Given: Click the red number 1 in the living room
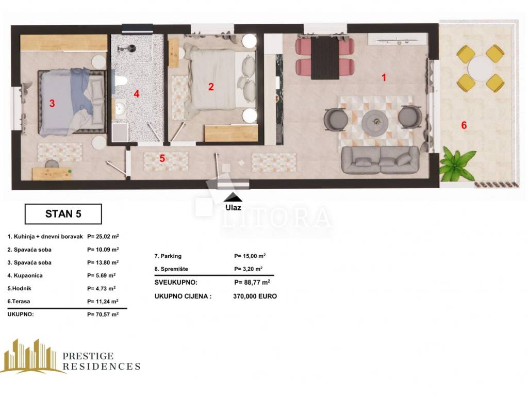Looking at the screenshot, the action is [x=384, y=77].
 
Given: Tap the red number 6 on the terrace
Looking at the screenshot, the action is [x=464, y=125].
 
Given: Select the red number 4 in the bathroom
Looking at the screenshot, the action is [x=136, y=94].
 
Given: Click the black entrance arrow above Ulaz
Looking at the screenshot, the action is [x=233, y=197].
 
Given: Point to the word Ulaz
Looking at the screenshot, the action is [x=234, y=207].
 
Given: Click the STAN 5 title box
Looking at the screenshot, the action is [x=63, y=214].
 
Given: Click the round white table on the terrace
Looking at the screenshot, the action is [x=481, y=68].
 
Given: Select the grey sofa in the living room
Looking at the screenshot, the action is [x=381, y=160].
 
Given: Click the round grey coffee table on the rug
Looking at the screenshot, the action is [x=375, y=122].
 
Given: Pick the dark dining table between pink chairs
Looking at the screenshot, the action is [x=325, y=58].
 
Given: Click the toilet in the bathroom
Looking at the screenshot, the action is [x=121, y=81].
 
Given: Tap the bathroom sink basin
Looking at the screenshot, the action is [x=120, y=109].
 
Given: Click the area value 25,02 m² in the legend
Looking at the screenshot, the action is [x=103, y=236].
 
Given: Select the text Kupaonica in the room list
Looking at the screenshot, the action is [x=28, y=275].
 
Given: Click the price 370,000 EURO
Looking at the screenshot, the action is [x=255, y=296].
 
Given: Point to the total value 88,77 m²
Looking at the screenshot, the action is [x=252, y=282].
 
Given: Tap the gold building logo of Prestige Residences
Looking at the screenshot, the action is [x=32, y=356].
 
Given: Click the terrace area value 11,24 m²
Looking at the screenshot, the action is [x=103, y=301].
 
